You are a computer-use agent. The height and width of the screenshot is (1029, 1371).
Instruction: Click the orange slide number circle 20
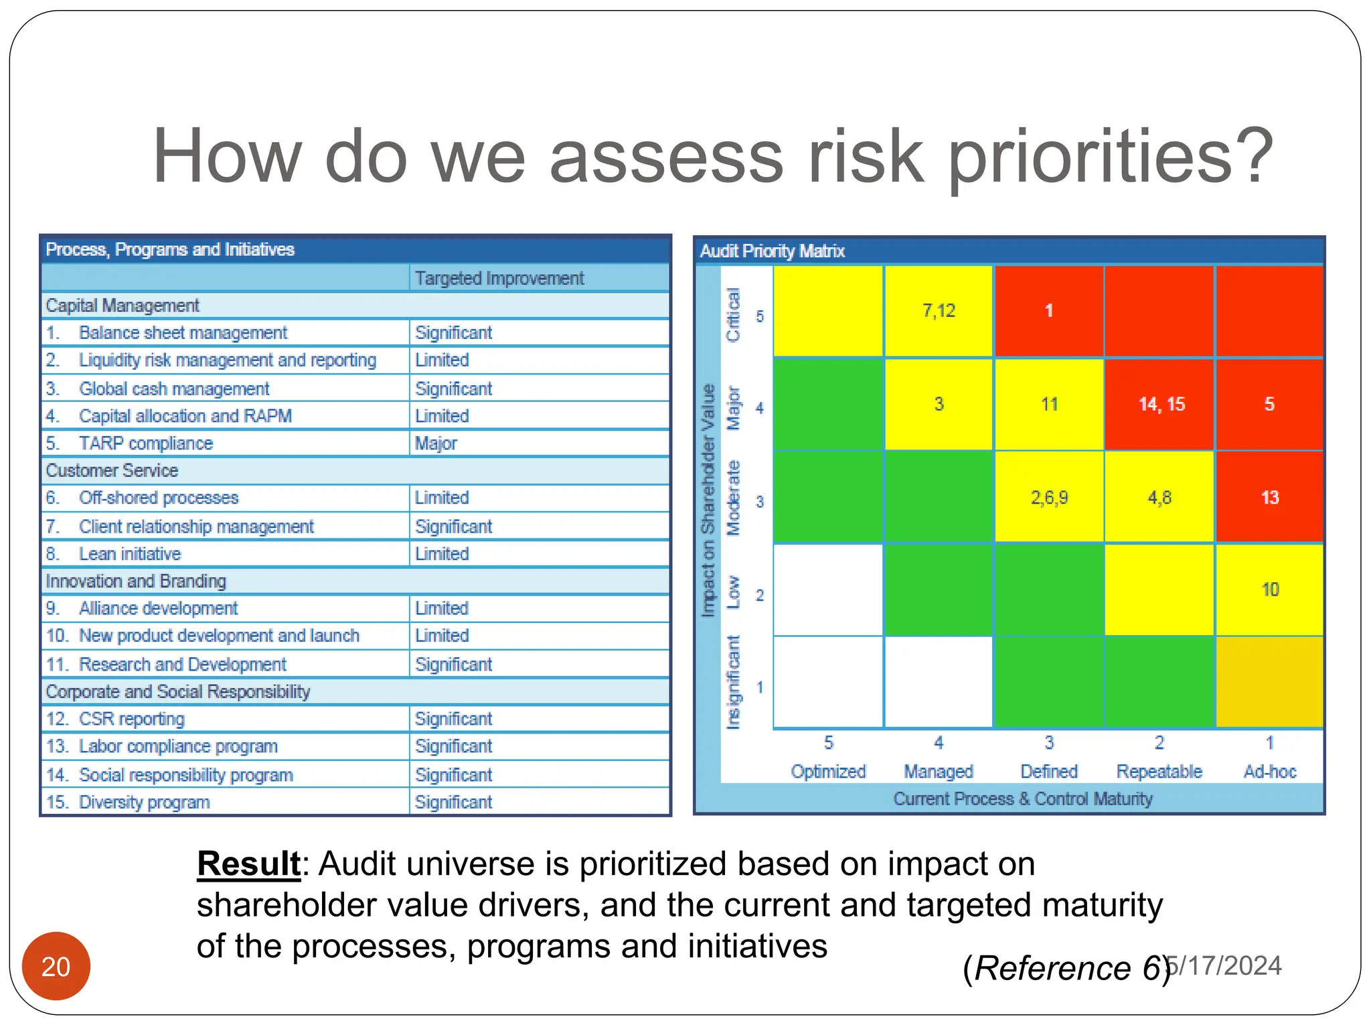[56, 965]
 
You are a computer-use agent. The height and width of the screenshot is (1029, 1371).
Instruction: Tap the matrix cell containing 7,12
[939, 311]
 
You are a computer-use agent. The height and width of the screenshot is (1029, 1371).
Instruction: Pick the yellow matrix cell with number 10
[1269, 590]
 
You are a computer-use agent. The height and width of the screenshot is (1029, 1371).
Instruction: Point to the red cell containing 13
[1269, 497]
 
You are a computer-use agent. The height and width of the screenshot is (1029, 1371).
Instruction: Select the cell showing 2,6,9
[1049, 497]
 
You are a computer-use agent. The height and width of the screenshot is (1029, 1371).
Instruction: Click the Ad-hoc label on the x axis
[1269, 772]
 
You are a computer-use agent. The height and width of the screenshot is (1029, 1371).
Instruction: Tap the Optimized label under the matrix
[828, 772]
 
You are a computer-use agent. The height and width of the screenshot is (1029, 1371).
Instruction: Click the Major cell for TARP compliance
[436, 443]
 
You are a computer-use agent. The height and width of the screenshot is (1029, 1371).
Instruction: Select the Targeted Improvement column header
[499, 278]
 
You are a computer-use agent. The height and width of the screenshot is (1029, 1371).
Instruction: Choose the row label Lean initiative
[130, 554]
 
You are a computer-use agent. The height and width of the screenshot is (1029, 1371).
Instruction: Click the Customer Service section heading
[112, 470]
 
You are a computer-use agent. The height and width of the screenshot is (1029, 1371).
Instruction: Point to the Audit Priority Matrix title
[772, 251]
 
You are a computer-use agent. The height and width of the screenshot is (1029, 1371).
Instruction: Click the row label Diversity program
[144, 802]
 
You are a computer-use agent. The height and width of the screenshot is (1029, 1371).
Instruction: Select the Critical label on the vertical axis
[734, 314]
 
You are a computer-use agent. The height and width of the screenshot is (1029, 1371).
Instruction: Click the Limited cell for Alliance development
[441, 608]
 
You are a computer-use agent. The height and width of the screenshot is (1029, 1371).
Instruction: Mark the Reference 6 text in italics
[1066, 968]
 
